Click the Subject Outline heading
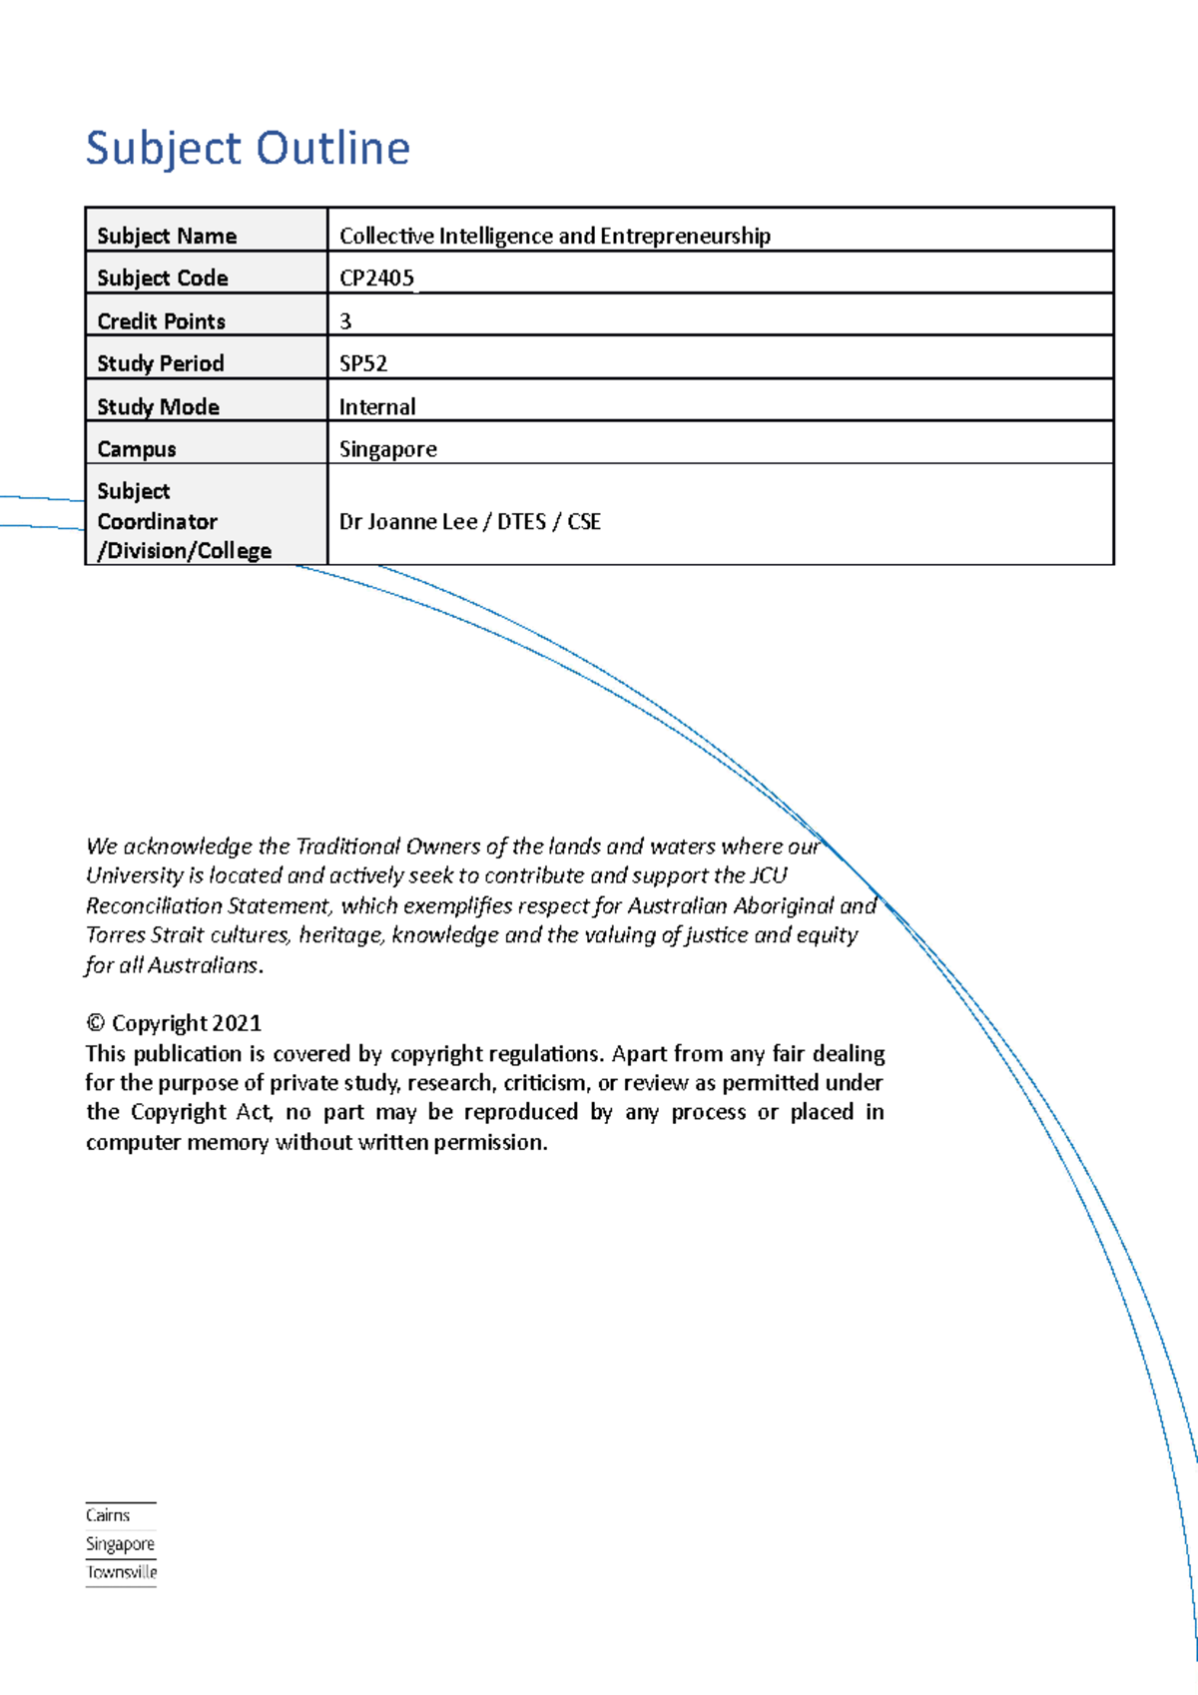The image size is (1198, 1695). (x=248, y=149)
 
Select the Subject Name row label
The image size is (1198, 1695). (x=167, y=237)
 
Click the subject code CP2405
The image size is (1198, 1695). (x=376, y=279)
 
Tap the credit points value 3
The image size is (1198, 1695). (x=345, y=321)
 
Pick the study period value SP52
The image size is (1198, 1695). (x=363, y=363)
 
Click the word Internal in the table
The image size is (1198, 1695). (x=377, y=407)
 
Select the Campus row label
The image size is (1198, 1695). (x=137, y=449)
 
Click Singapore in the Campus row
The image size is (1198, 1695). (x=387, y=449)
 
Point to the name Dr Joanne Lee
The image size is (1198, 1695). (x=408, y=522)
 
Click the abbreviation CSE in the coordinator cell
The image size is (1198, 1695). (x=584, y=522)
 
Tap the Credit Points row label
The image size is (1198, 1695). (x=161, y=321)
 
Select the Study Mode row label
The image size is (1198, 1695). (x=158, y=407)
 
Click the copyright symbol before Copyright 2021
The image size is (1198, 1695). (x=96, y=1023)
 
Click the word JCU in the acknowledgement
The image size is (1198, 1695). (x=768, y=875)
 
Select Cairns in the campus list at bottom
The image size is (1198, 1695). (x=108, y=1515)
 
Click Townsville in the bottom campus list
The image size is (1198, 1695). (x=122, y=1572)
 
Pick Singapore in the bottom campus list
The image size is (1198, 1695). (x=120, y=1544)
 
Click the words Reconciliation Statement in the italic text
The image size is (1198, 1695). (x=208, y=906)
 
